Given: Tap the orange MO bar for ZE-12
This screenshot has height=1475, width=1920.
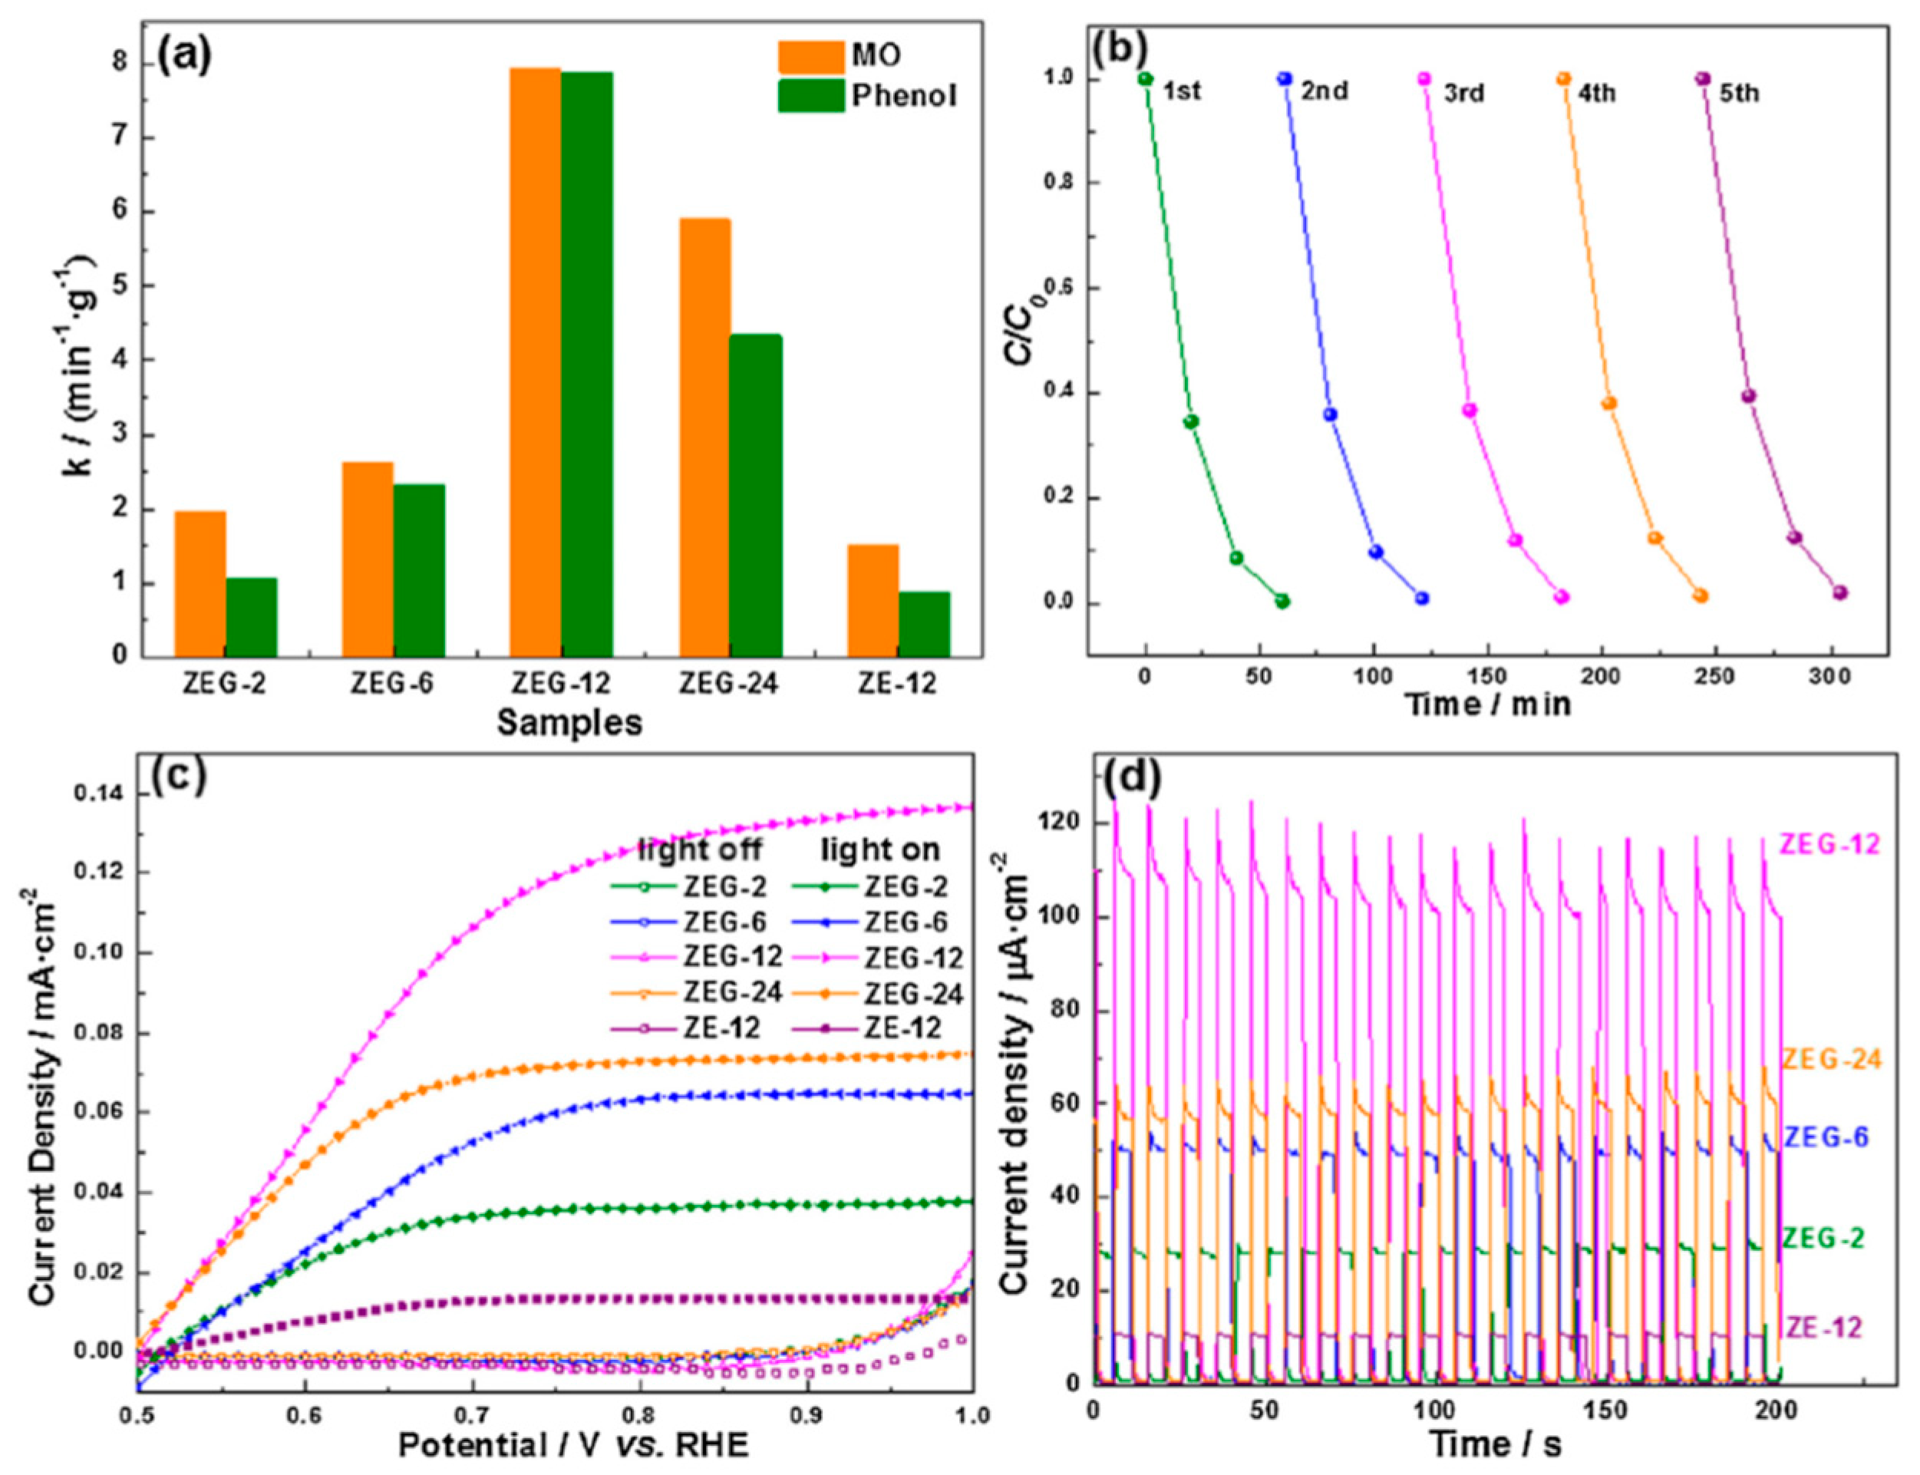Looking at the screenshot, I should [873, 601].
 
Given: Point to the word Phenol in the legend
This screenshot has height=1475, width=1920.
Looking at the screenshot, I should [904, 96].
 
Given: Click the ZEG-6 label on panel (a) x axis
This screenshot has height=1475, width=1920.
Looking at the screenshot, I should [392, 684].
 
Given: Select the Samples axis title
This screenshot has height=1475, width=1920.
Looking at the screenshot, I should [569, 723].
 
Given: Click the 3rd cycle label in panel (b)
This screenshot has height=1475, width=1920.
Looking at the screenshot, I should [1463, 92].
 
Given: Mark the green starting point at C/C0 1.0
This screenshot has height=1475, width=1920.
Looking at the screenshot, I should [1145, 79].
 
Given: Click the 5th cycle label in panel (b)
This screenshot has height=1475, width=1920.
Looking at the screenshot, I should [1739, 92].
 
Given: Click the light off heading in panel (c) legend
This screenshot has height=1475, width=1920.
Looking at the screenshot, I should [700, 849].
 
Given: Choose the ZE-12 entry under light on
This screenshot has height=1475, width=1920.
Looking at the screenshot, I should [902, 1028].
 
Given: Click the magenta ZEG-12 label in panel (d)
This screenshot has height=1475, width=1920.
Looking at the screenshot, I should [1829, 845].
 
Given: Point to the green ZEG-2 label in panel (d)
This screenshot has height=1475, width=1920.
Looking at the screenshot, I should [1823, 1239].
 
